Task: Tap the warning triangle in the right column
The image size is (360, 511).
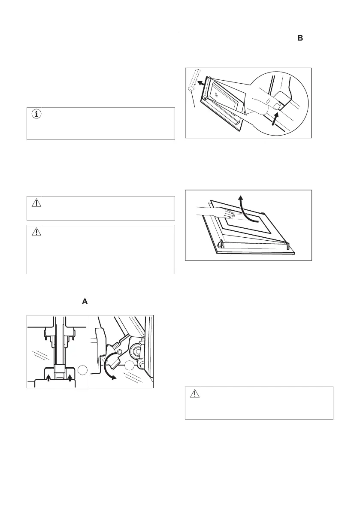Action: (x=195, y=394)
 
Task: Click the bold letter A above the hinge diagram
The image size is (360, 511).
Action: (x=85, y=302)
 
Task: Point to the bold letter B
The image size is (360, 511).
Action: (x=300, y=39)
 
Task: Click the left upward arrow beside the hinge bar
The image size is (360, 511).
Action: (x=48, y=378)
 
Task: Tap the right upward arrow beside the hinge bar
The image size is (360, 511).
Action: (x=69, y=378)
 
